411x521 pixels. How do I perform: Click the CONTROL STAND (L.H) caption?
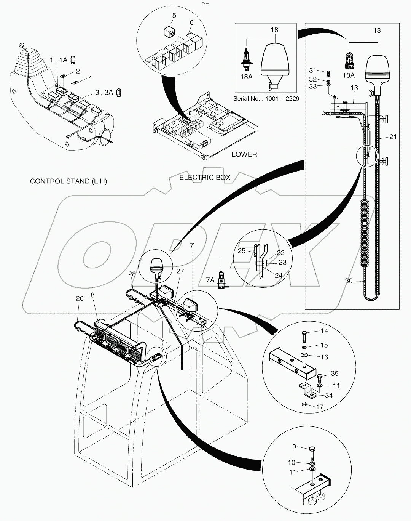point(68,181)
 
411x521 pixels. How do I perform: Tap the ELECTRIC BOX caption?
point(205,177)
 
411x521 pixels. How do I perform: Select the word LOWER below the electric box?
point(244,154)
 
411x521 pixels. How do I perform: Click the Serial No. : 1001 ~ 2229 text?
point(266,99)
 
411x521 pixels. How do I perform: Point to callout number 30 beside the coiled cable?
point(349,281)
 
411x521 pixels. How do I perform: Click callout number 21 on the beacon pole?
point(393,136)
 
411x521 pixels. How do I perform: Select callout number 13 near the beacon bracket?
point(354,88)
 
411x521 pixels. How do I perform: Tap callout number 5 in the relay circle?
point(174,16)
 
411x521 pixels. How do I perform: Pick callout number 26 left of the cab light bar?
point(79,298)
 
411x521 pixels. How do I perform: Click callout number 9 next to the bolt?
point(294,447)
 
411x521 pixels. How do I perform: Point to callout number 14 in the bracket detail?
point(324,330)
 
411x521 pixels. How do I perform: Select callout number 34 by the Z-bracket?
point(329,395)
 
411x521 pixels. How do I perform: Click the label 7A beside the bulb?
point(210,280)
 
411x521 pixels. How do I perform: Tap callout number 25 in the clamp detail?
point(242,251)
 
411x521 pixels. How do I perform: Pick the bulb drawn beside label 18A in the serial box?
point(247,60)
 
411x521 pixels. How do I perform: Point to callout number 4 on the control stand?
point(90,78)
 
